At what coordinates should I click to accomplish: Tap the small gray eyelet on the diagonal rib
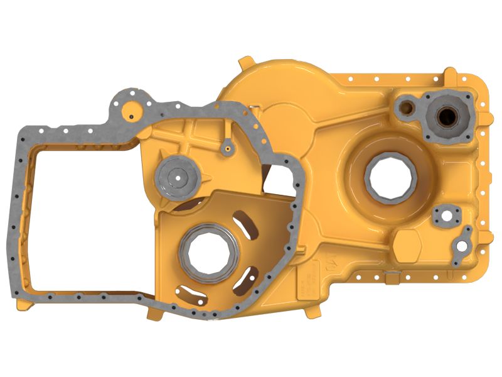(227, 149)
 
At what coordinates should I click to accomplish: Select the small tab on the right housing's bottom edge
(392, 276)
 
